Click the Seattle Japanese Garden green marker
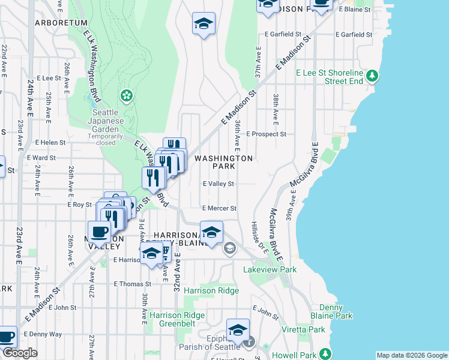(x=127, y=95)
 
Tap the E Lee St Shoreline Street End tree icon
(x=373, y=76)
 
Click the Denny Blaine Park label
(x=331, y=311)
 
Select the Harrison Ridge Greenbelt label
(x=177, y=320)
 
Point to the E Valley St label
(x=218, y=184)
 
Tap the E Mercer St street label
(x=220, y=208)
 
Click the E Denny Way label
(x=43, y=334)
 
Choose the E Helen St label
(x=50, y=142)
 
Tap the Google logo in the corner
(x=19, y=353)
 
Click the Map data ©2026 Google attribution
(x=411, y=355)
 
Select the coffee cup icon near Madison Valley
(x=100, y=231)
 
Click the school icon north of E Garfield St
(x=204, y=24)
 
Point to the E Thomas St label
(x=131, y=284)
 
